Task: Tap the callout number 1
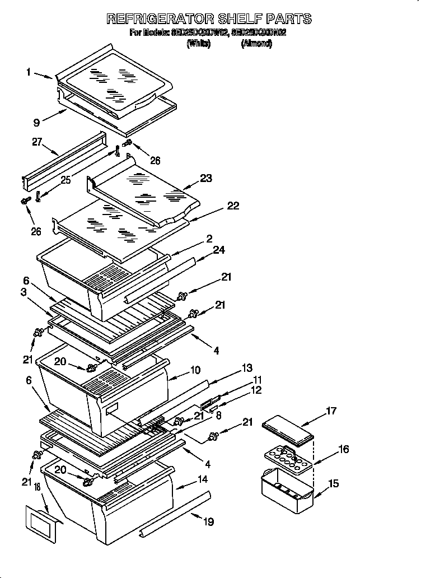coord(28,72)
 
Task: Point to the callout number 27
coord(38,142)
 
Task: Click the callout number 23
coord(206,179)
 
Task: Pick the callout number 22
coord(232,206)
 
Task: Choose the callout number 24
coord(219,250)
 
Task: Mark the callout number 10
coord(195,370)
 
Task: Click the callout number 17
coord(331,411)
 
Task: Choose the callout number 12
coord(256,390)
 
